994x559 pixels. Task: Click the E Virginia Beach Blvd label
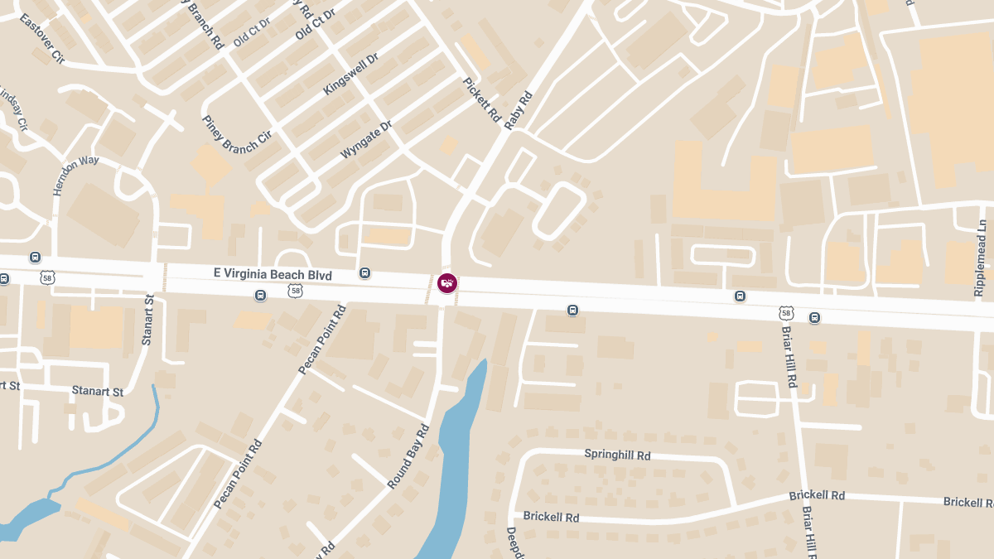pyautogui.click(x=273, y=274)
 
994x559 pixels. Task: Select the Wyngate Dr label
pyautogui.click(x=365, y=141)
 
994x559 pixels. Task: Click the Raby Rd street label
pyautogui.click(x=518, y=110)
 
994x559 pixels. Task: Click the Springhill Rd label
pyautogui.click(x=617, y=455)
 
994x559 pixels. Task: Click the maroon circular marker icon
pyautogui.click(x=447, y=283)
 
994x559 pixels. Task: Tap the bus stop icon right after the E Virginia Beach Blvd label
pyautogui.click(x=364, y=273)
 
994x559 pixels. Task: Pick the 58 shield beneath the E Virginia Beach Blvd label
pyautogui.click(x=295, y=291)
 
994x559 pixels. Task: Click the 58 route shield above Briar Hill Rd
pyautogui.click(x=785, y=313)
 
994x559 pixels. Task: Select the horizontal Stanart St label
pyautogui.click(x=97, y=391)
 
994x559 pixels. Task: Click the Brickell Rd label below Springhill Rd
pyautogui.click(x=551, y=517)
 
